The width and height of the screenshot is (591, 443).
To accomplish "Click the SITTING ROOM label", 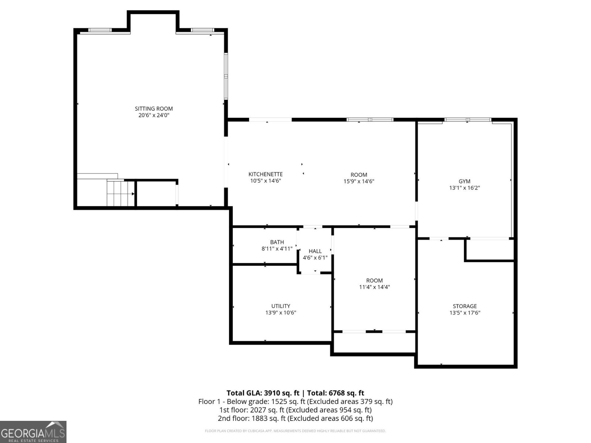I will tap(154, 109).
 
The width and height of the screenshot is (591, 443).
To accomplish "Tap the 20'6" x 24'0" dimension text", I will tap(154, 115).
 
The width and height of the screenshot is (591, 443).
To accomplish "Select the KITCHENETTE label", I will tap(265, 174).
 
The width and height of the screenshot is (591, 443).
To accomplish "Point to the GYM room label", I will tap(464, 181).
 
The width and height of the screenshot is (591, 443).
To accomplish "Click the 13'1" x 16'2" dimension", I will tap(464, 188).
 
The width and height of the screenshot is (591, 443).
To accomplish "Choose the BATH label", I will tap(277, 242).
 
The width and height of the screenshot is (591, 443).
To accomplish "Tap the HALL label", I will tap(315, 251).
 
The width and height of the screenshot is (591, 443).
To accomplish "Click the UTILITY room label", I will tap(280, 306).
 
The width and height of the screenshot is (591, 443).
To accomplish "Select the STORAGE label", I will tap(465, 306).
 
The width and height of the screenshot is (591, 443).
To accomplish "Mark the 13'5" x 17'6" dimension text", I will tap(465, 313).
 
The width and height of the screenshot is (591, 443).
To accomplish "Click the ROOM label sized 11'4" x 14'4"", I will tap(374, 281).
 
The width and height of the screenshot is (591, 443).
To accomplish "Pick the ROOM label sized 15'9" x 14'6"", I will tap(359, 175).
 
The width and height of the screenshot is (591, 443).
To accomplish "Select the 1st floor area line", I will tap(295, 410).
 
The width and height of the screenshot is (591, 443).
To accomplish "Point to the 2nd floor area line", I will tap(295, 418).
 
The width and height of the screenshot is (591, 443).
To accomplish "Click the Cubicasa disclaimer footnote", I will tap(295, 431).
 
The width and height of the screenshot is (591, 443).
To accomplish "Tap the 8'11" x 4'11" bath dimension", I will tap(277, 249).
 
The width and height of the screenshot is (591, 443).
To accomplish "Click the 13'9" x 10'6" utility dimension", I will tap(280, 313).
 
